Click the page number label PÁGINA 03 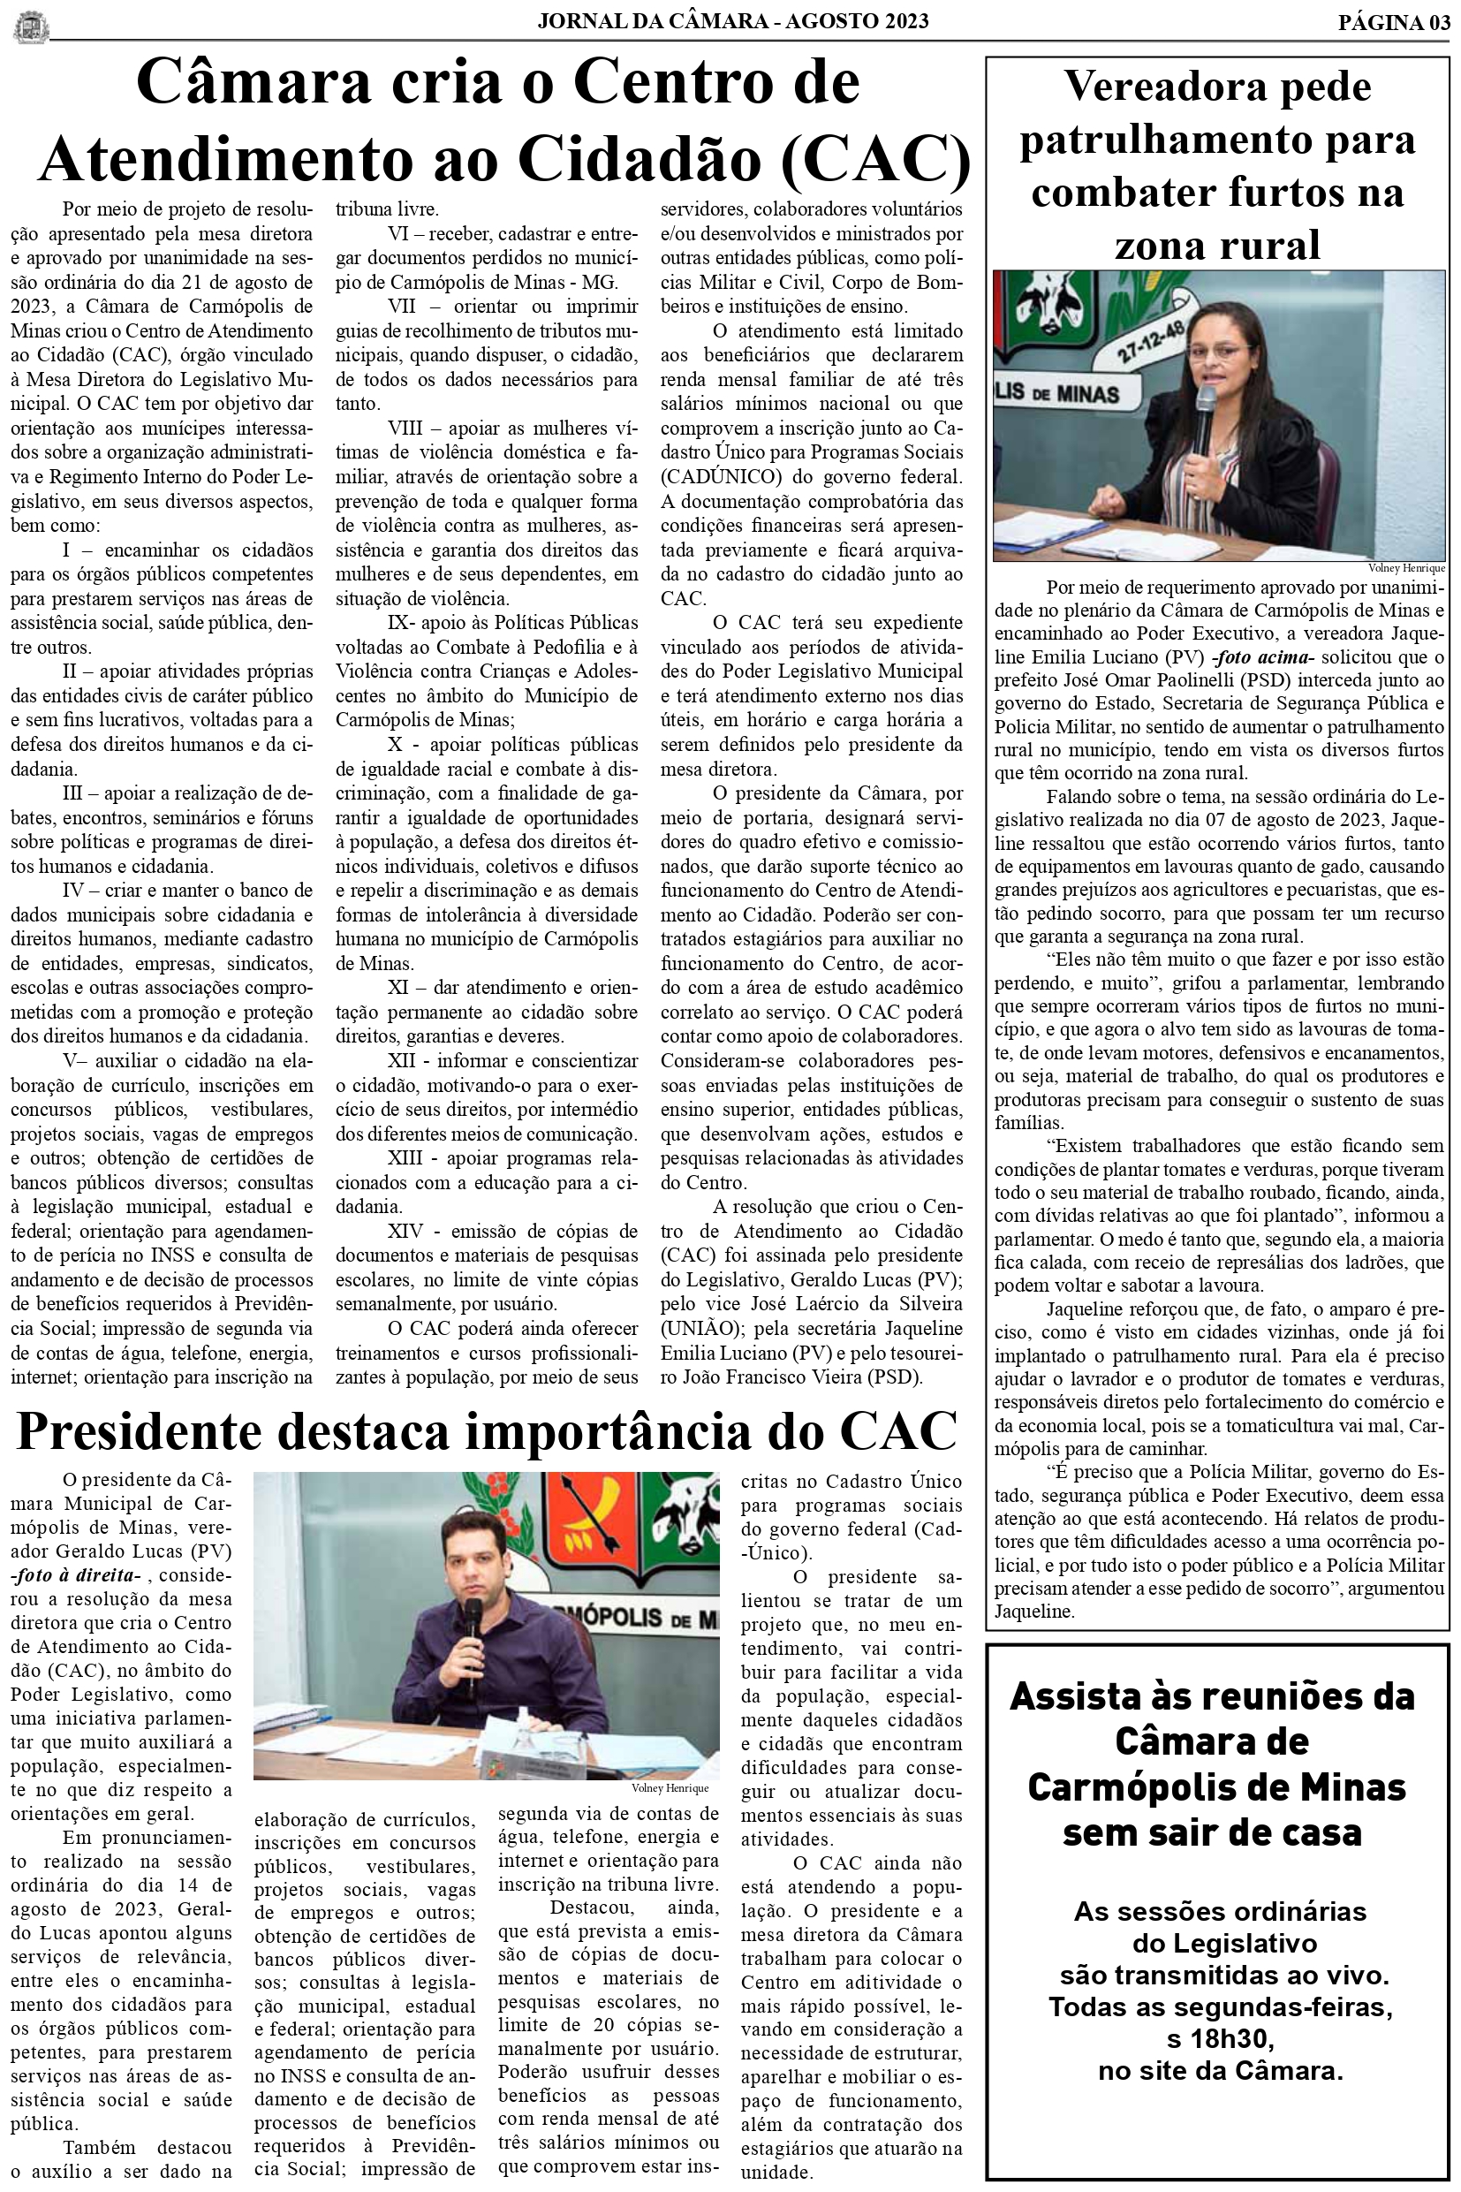[1394, 22]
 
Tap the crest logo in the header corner [31, 27]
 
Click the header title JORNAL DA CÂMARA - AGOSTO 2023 [732, 21]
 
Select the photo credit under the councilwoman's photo [1406, 567]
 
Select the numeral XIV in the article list [406, 1231]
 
